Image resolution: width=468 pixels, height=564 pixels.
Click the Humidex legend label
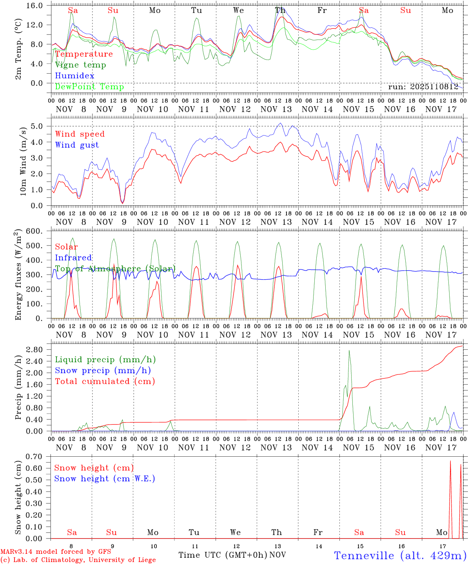[x=74, y=76]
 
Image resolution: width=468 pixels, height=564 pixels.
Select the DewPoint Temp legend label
[x=89, y=87]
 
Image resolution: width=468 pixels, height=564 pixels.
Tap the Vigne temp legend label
[x=80, y=65]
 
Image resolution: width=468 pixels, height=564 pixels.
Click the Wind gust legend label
[x=77, y=145]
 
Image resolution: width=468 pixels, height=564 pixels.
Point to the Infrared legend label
[x=73, y=258]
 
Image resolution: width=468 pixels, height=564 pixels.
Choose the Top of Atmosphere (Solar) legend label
[x=115, y=269]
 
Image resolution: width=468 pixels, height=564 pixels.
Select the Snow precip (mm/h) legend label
[x=103, y=371]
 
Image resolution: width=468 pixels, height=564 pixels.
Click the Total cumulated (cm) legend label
[x=105, y=381]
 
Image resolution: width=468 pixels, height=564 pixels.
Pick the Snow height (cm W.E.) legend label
[x=105, y=479]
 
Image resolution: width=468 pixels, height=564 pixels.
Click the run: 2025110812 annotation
[x=423, y=87]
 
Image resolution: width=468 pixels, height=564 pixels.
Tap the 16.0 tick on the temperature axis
[x=39, y=6]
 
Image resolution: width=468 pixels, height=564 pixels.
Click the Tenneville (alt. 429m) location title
[x=400, y=555]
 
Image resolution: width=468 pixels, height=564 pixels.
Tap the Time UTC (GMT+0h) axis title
[x=223, y=555]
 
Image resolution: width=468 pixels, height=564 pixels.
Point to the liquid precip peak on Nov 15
[x=349, y=351]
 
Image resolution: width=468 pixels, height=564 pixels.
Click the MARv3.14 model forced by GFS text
[x=56, y=552]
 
